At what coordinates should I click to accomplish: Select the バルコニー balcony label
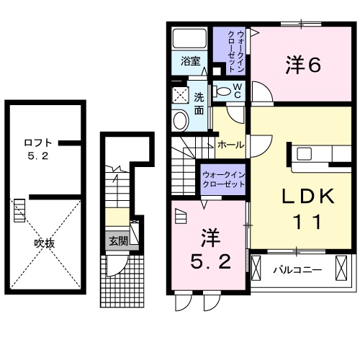pyautogui.click(x=297, y=271)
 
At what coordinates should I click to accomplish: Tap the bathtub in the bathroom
pyautogui.click(x=191, y=38)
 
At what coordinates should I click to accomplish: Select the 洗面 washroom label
pyautogui.click(x=199, y=102)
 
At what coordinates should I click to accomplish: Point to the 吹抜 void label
pyautogui.click(x=45, y=243)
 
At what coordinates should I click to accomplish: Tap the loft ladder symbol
pyautogui.click(x=19, y=210)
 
